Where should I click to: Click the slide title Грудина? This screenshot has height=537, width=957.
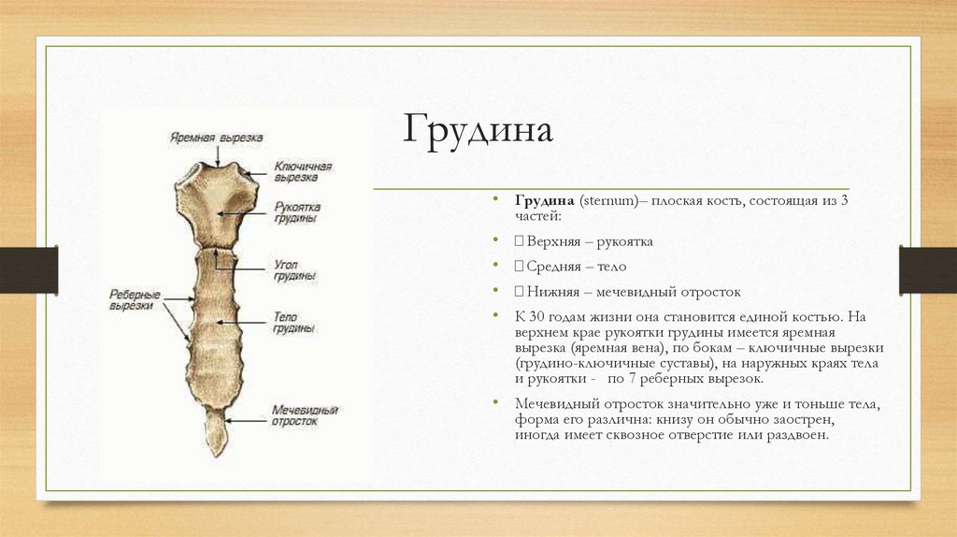478,130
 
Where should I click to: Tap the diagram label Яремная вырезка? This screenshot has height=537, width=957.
216,138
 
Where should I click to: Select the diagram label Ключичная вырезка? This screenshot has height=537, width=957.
303,171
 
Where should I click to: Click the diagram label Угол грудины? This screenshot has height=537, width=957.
294,270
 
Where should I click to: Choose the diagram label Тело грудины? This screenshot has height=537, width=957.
294,323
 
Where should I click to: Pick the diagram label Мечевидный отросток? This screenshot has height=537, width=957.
305,415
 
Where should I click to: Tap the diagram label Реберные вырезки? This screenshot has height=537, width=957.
135,299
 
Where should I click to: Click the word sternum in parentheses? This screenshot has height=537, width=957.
608,201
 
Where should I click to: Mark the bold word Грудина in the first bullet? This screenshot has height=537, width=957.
544,201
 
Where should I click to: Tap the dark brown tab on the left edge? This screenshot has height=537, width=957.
28,269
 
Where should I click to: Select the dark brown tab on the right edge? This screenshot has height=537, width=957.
927,269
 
